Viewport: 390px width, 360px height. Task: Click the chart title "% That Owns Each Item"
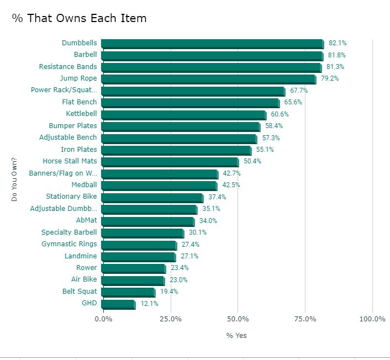coord(79,18)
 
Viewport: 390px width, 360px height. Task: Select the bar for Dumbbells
coord(212,44)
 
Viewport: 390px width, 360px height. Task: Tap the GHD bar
coord(118,304)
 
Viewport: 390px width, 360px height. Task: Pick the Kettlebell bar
coord(183,114)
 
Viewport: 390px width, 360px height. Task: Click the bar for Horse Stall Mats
coord(170,162)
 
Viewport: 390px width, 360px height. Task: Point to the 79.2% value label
coord(330,78)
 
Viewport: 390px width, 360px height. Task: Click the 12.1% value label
coord(149,304)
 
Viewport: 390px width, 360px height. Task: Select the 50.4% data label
coord(252,162)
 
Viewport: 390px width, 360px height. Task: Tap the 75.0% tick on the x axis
coord(305,319)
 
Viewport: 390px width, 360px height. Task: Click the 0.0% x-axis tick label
coord(103,319)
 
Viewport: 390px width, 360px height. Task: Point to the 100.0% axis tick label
coord(372,319)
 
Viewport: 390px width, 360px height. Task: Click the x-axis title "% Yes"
coord(237,336)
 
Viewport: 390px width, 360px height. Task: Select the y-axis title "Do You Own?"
coord(15,179)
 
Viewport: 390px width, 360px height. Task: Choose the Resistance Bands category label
coord(68,67)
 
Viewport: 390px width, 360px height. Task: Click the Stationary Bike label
coord(71,197)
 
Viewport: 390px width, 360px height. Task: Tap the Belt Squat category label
coord(80,292)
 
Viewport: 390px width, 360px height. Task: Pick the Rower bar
coord(133,268)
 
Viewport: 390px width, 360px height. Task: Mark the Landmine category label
coord(81,256)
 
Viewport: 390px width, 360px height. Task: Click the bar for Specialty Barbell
coord(143,233)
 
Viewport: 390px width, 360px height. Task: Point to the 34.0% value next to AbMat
coord(208,221)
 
